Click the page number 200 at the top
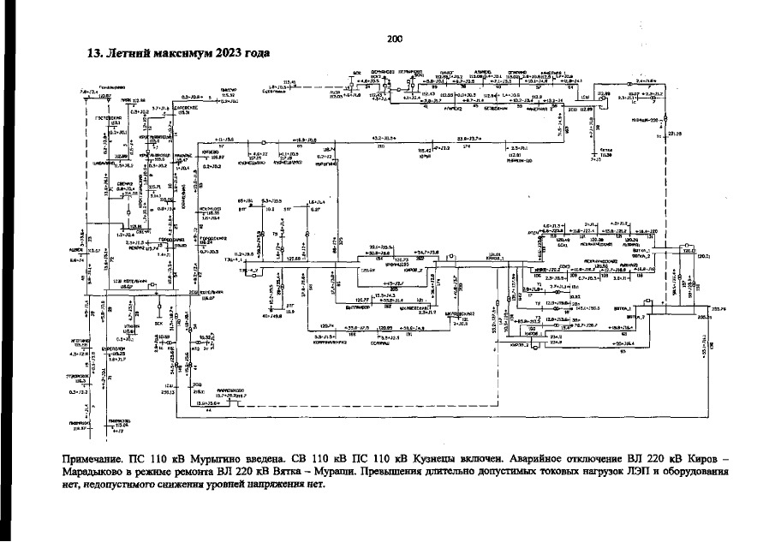pyautogui.click(x=395, y=39)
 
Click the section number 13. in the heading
pyautogui.click(x=95, y=53)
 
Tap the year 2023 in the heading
pyautogui.click(x=219, y=53)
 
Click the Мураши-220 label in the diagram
pyautogui.click(x=644, y=120)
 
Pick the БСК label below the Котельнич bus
pyautogui.click(x=134, y=325)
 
